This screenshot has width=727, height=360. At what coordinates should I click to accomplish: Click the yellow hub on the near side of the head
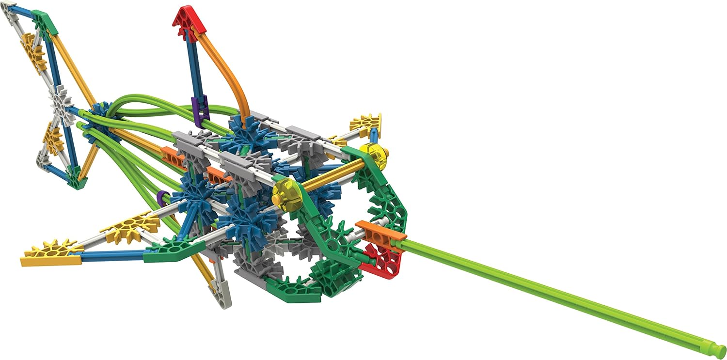[286, 194]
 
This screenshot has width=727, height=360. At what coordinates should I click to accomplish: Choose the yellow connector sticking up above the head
[366, 124]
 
